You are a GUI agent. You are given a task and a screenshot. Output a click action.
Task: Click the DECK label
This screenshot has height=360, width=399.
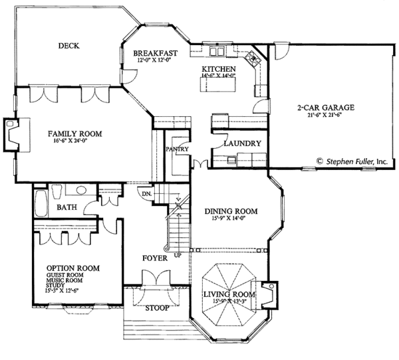pos(68,46)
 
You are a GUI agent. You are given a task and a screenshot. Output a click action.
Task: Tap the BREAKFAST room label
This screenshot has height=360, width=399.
pos(154,52)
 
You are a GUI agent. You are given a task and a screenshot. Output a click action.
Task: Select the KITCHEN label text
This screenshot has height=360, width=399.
pos(219,68)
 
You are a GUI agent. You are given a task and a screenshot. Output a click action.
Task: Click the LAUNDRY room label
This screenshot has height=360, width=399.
pos(241,143)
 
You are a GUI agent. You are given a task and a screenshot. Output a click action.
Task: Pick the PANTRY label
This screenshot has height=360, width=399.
pos(178,149)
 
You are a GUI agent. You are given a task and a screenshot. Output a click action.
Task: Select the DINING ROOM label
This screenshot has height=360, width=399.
pos(231,212)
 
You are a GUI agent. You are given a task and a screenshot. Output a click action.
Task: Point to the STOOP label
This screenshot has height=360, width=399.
pos(157,308)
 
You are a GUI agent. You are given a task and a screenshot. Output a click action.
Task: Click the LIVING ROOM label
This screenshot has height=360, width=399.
pos(230,294)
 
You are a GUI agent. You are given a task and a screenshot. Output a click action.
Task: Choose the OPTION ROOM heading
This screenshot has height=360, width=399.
pos(73,268)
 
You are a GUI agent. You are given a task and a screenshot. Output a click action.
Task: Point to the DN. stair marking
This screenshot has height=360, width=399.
pos(148,193)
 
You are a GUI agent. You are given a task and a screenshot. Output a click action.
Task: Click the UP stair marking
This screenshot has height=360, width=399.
pos(177,254)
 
